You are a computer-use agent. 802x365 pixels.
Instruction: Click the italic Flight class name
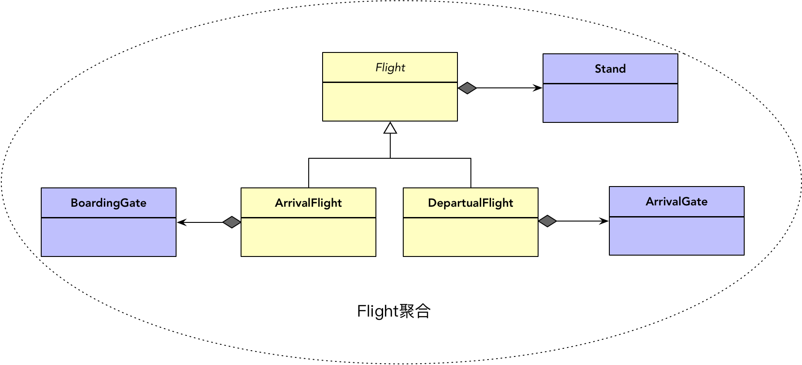pyautogui.click(x=390, y=68)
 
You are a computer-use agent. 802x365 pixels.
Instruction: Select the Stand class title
pyautogui.click(x=610, y=69)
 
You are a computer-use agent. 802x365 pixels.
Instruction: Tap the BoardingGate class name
pyautogui.click(x=108, y=203)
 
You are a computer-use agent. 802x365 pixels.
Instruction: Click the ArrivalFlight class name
pyautogui.click(x=308, y=203)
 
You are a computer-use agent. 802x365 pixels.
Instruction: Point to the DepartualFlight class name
pyautogui.click(x=470, y=203)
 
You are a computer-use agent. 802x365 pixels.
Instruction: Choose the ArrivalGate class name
pyautogui.click(x=677, y=202)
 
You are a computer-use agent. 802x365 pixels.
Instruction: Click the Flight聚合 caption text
pyautogui.click(x=393, y=311)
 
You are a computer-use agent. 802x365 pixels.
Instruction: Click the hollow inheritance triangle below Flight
pyautogui.click(x=390, y=128)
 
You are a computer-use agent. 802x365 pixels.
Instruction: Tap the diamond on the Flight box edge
pyautogui.click(x=467, y=88)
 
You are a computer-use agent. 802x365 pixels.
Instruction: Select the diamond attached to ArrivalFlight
pyautogui.click(x=232, y=222)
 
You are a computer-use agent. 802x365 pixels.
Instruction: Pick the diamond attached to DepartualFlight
pyautogui.click(x=548, y=221)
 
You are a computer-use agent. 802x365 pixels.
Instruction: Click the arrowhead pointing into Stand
pyautogui.click(x=538, y=88)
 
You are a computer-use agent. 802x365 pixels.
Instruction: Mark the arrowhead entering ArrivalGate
pyautogui.click(x=604, y=221)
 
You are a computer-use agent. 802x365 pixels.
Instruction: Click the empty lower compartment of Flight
pyautogui.click(x=390, y=102)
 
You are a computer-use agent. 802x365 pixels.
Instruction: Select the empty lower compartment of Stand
pyautogui.click(x=610, y=103)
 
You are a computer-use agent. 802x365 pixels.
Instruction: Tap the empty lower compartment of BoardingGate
pyautogui.click(x=108, y=237)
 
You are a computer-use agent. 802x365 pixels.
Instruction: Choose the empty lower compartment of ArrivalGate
pyautogui.click(x=677, y=236)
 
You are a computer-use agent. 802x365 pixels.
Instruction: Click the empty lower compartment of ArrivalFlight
pyautogui.click(x=308, y=237)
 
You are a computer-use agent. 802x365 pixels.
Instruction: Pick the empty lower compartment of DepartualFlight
pyautogui.click(x=470, y=237)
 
